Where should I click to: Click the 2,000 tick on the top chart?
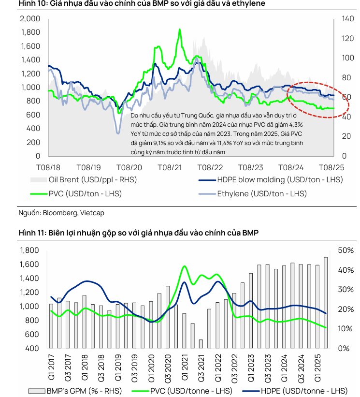[x=30, y=19]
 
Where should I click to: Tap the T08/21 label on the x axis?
[x=170, y=167]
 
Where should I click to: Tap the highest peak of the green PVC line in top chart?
[x=180, y=29]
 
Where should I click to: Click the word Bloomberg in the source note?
[x=60, y=212]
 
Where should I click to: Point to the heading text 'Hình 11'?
[x=31, y=233]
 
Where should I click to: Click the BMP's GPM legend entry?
[x=85, y=390]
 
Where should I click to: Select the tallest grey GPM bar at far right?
[x=326, y=302]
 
